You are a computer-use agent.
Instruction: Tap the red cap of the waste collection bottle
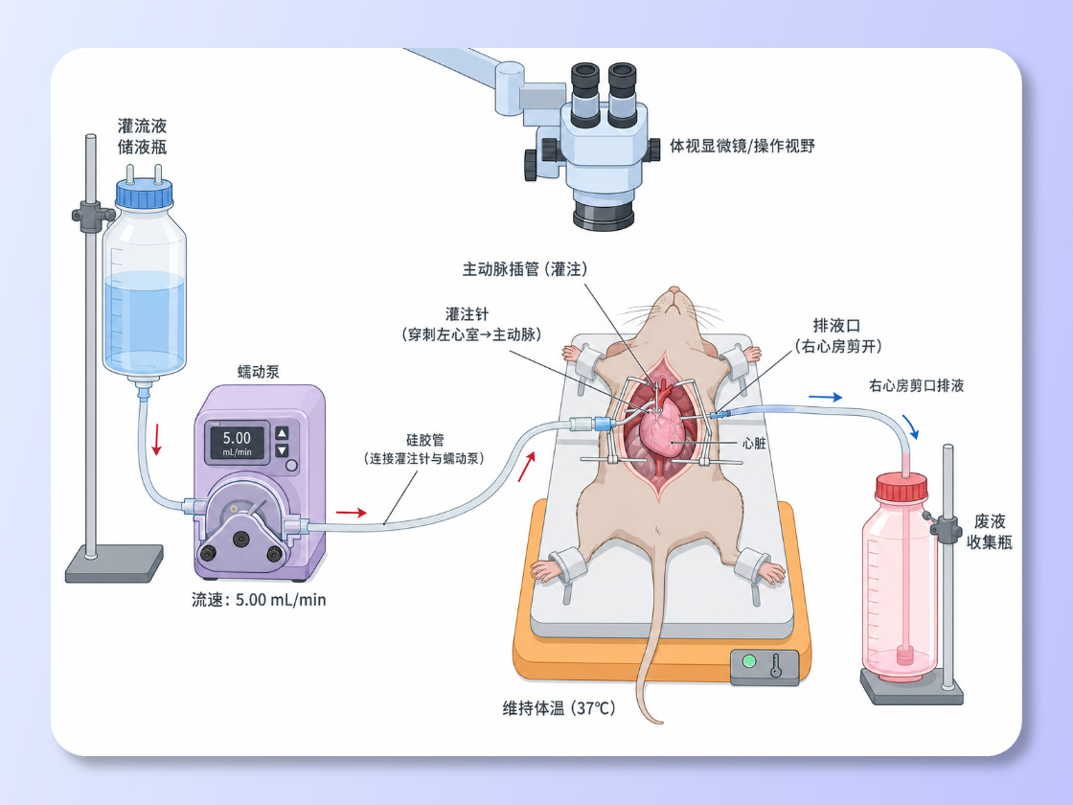pyautogui.click(x=902, y=488)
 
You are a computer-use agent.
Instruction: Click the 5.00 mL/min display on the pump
pyautogui.click(x=237, y=442)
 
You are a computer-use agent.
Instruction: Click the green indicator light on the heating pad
pyautogui.click(x=749, y=661)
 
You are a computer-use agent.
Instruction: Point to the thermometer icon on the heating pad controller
pyautogui.click(x=776, y=665)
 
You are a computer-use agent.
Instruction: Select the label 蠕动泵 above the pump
pyautogui.click(x=259, y=372)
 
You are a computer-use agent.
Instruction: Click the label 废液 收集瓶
pyautogui.click(x=990, y=532)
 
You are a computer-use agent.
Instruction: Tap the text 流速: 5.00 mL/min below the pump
pyautogui.click(x=259, y=600)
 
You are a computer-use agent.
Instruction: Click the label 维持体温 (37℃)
pyautogui.click(x=559, y=708)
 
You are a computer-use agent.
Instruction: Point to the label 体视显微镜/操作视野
pyautogui.click(x=742, y=146)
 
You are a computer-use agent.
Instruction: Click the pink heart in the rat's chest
pyautogui.click(x=662, y=429)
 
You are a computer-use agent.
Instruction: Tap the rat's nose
pyautogui.click(x=674, y=291)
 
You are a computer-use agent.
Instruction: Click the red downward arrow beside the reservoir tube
pyautogui.click(x=157, y=440)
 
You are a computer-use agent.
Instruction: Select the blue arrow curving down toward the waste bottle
pyautogui.click(x=911, y=425)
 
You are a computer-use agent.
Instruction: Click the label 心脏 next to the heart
pyautogui.click(x=754, y=444)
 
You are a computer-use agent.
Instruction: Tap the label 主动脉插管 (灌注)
pyautogui.click(x=526, y=269)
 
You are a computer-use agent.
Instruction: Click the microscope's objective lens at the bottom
pyautogui.click(x=604, y=213)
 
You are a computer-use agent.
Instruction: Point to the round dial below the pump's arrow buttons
pyautogui.click(x=291, y=466)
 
